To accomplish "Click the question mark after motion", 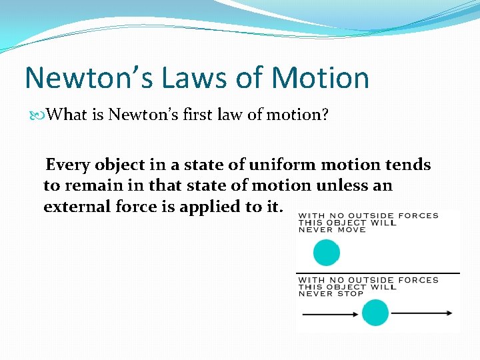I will [x=325, y=115].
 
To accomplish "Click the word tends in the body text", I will [x=407, y=165].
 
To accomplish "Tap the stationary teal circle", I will [x=327, y=253].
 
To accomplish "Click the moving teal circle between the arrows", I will [x=375, y=313].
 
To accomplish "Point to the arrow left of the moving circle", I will [x=328, y=313].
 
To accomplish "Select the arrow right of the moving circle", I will [x=422, y=313].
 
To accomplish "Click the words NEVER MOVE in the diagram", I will [x=332, y=230].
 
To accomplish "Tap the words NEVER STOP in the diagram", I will [x=331, y=293].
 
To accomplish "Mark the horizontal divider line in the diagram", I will [x=377, y=273].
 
